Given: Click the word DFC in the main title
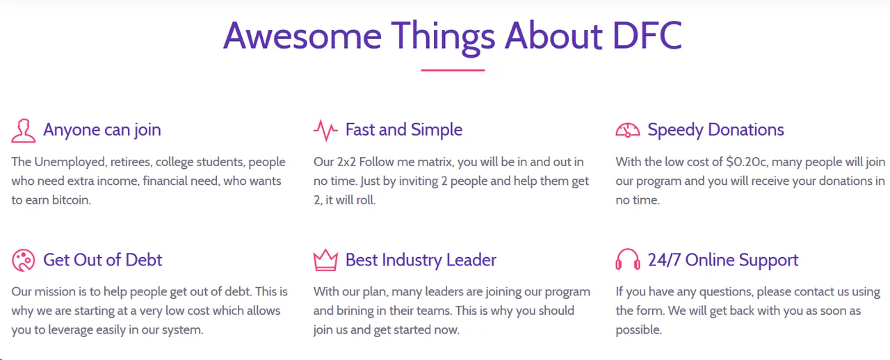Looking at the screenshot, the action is click(647, 35).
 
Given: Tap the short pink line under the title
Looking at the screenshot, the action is click(453, 70).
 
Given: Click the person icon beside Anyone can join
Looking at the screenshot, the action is click(24, 131).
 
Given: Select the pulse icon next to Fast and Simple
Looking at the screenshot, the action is click(325, 131).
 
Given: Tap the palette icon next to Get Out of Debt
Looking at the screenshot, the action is click(24, 260).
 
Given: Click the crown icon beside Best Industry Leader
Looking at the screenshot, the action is click(325, 260).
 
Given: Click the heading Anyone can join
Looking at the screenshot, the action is click(102, 130).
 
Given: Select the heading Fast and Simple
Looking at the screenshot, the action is click(404, 129).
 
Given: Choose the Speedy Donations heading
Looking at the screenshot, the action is click(715, 130).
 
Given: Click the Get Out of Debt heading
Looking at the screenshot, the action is click(102, 260).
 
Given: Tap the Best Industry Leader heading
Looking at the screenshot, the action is click(421, 260).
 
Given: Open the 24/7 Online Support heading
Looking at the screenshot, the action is click(722, 260).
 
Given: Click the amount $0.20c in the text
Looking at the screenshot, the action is click(747, 162).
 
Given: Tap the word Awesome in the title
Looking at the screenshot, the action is click(302, 35).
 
